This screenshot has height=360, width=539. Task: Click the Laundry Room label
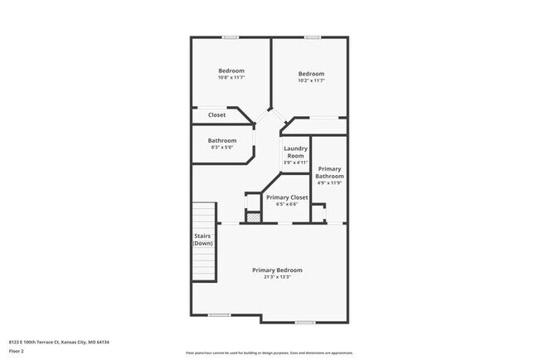click(x=296, y=152)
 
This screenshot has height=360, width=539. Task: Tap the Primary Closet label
click(x=287, y=197)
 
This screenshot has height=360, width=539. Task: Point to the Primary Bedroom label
click(x=277, y=270)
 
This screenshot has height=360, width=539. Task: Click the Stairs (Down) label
click(x=203, y=240)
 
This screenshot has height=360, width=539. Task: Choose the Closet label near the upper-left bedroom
click(x=216, y=114)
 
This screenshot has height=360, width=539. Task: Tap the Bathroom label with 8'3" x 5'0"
click(x=222, y=140)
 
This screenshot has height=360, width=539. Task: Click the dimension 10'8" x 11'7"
click(x=231, y=78)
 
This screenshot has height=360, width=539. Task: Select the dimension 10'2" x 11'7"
click(x=311, y=80)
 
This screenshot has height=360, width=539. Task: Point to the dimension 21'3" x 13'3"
click(x=277, y=277)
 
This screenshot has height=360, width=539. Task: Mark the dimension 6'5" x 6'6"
click(x=287, y=204)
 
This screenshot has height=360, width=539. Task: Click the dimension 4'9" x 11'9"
click(x=329, y=182)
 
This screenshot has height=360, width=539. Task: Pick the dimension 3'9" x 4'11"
click(x=296, y=163)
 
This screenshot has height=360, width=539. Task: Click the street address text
click(x=59, y=342)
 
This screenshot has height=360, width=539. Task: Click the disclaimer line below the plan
click(x=269, y=352)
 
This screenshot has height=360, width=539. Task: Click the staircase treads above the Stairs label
click(x=204, y=214)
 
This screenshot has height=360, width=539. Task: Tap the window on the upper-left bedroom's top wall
click(x=231, y=36)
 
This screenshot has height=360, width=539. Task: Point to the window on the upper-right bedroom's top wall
click(x=312, y=36)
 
